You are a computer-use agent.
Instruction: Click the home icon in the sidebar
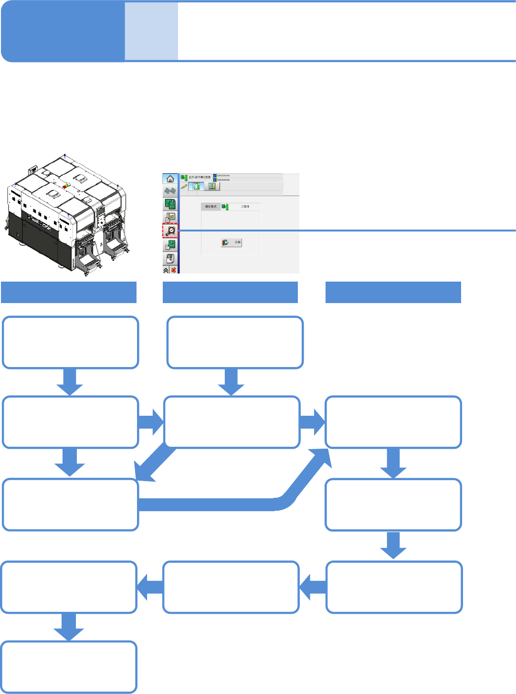(x=170, y=179)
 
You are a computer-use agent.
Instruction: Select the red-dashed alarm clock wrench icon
(x=170, y=231)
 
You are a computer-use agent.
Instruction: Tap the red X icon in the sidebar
(x=173, y=270)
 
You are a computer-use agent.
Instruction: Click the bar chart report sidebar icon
(x=170, y=218)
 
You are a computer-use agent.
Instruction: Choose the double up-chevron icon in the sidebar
(x=166, y=270)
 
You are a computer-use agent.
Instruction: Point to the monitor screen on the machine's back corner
(x=33, y=169)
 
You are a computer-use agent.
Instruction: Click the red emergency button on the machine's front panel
(x=102, y=222)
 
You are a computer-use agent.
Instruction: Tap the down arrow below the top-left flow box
(x=70, y=382)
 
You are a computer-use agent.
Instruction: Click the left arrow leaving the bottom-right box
(x=313, y=587)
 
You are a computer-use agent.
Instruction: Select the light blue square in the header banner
(x=151, y=32)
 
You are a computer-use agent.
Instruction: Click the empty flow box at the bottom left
(x=69, y=667)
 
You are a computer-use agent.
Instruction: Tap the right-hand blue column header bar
(x=393, y=292)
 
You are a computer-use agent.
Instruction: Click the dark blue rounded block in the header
(x=63, y=32)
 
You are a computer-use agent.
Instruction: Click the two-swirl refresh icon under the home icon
(x=170, y=191)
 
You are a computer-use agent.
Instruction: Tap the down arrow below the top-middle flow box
(x=231, y=382)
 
